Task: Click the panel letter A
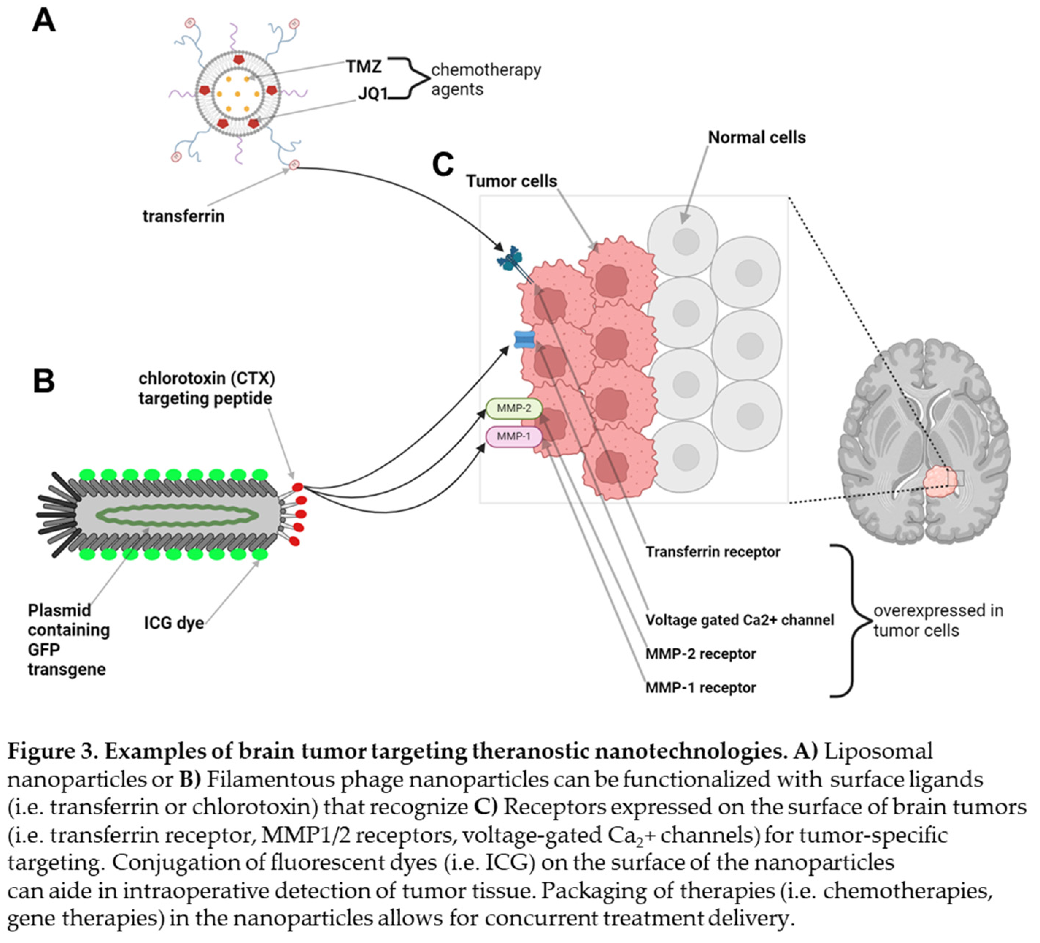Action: pos(44,21)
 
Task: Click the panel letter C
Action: pos(443,165)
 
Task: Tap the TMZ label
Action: pos(364,67)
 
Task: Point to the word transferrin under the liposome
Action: pos(184,216)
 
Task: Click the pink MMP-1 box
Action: pos(514,436)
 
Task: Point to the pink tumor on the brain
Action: pos(940,481)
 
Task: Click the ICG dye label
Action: pos(174,623)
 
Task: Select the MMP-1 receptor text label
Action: pos(701,688)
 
